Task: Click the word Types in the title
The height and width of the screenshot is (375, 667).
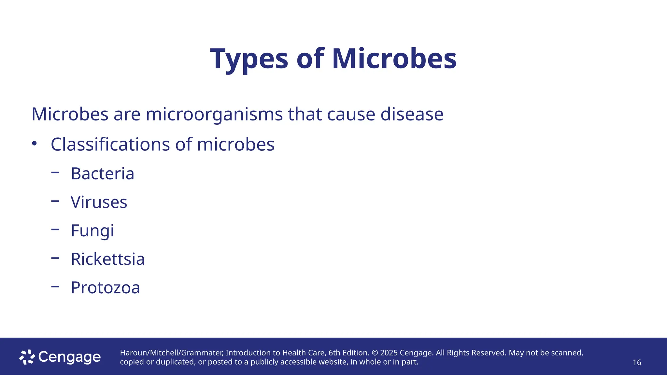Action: click(249, 59)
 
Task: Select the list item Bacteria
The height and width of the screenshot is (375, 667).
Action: click(102, 174)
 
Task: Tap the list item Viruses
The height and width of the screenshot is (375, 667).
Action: click(99, 202)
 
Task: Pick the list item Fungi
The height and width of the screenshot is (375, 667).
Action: click(92, 231)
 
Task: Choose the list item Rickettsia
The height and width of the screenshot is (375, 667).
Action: click(107, 259)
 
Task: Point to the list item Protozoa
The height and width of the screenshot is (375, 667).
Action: click(105, 288)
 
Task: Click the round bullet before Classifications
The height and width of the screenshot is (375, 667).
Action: click(35, 144)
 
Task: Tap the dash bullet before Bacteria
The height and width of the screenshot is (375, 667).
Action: click(55, 173)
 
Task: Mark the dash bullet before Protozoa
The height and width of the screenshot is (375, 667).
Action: click(55, 286)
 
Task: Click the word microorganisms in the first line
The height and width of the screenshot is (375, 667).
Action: click(214, 115)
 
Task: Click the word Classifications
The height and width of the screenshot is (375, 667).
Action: click(110, 144)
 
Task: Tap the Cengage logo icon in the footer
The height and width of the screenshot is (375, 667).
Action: click(27, 357)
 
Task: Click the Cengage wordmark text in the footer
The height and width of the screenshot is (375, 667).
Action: click(69, 357)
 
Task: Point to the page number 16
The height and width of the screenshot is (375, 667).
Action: click(637, 363)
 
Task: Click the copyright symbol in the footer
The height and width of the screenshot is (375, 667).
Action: click(375, 353)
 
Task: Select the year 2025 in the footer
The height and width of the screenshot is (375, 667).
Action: click(389, 353)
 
